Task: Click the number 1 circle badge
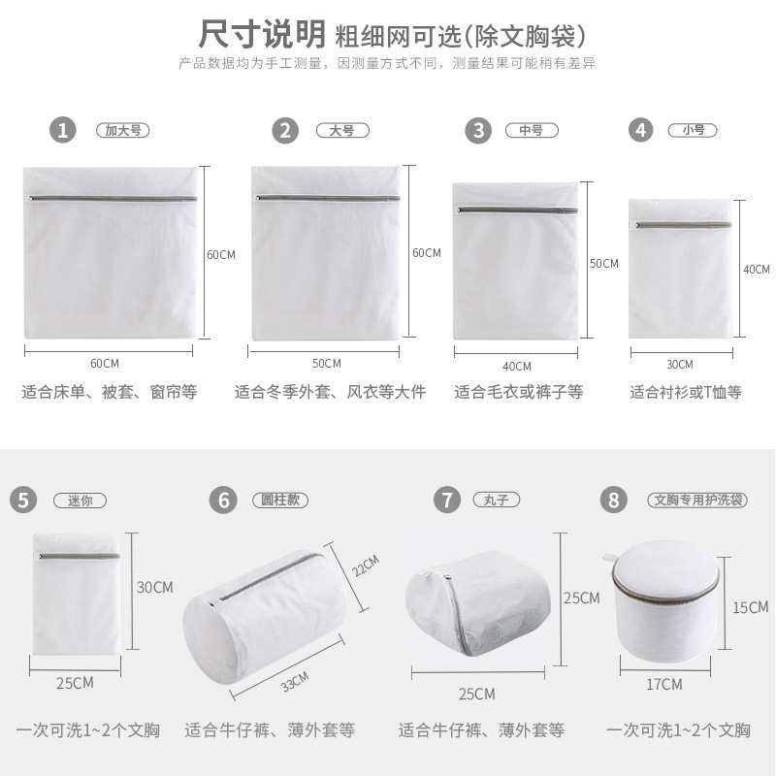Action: (x=64, y=130)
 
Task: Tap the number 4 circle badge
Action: (x=640, y=130)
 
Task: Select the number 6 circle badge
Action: (x=223, y=500)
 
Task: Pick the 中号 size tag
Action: (x=531, y=130)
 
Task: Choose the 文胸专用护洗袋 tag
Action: (x=696, y=501)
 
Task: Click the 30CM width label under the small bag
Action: (x=679, y=364)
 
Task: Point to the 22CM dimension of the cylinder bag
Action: (x=365, y=566)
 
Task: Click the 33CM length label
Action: (x=296, y=681)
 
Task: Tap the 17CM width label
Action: (x=664, y=684)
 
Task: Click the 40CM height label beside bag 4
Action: (x=756, y=270)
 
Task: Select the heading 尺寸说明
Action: (x=261, y=35)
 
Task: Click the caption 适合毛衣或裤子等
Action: (x=519, y=393)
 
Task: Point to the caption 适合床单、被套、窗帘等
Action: (x=110, y=393)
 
